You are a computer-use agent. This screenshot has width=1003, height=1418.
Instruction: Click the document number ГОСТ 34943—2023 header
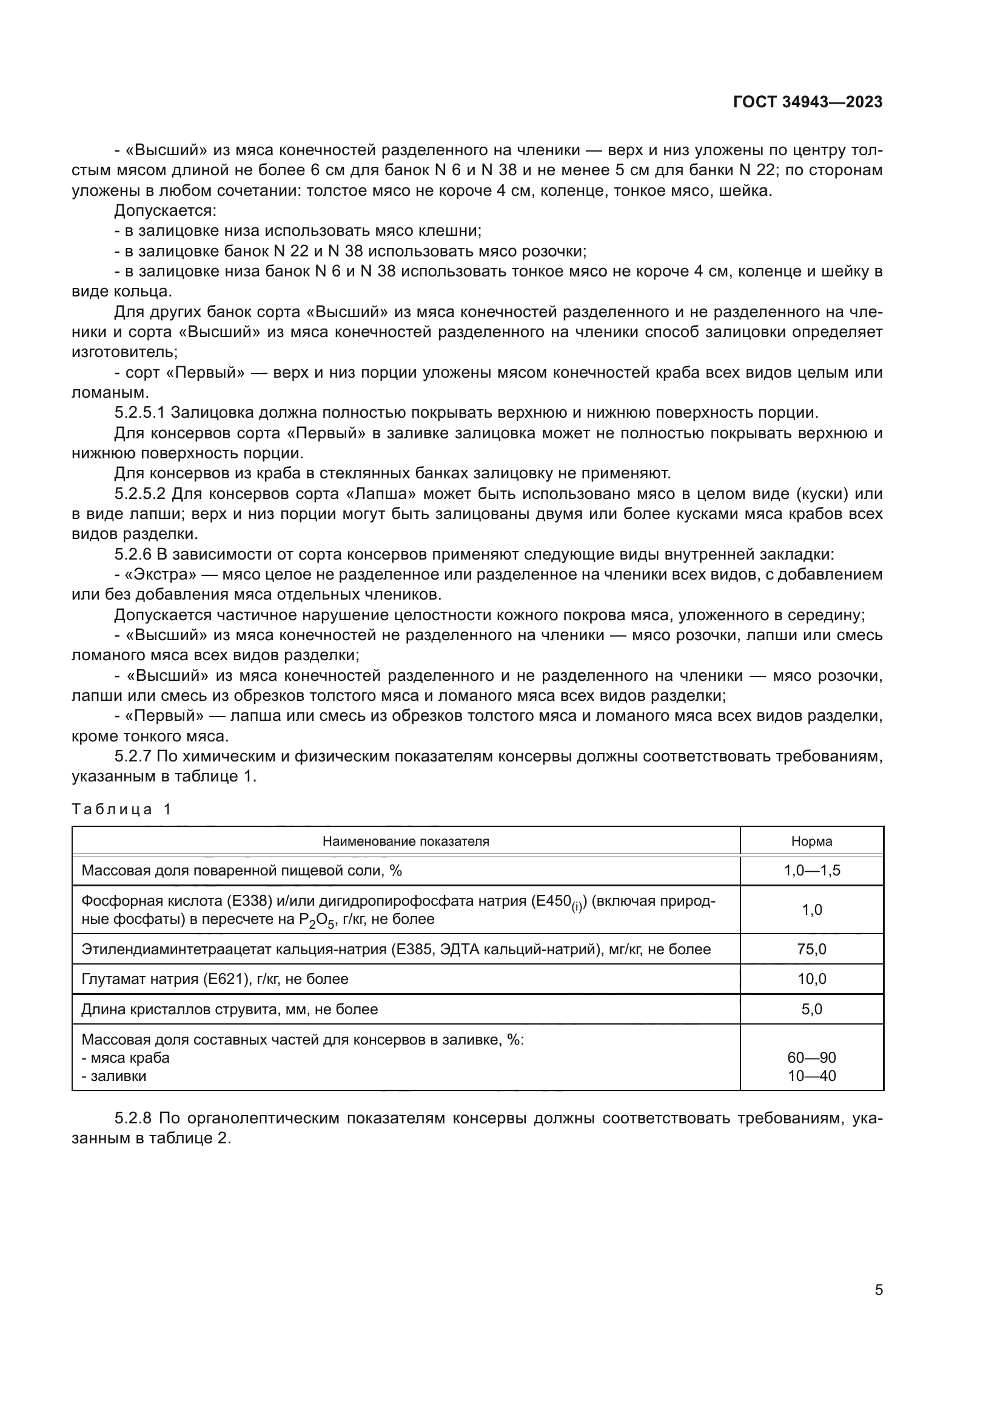(807, 102)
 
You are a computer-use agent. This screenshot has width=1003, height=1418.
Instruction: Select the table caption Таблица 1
(122, 809)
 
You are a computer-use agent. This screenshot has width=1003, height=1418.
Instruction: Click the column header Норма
(811, 841)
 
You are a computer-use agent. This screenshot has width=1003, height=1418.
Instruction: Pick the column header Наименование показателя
(406, 841)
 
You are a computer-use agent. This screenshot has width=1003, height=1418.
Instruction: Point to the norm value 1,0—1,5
(811, 871)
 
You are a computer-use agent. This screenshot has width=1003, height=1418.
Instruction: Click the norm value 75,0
(811, 949)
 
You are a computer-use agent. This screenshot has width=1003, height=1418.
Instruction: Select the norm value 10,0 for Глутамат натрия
(811, 979)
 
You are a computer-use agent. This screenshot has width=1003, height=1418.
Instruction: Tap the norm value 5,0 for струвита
(811, 1009)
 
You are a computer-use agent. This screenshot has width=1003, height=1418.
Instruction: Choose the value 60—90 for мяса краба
(811, 1058)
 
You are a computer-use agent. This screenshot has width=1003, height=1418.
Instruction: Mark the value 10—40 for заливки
(811, 1076)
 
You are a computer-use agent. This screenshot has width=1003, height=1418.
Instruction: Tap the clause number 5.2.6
(132, 554)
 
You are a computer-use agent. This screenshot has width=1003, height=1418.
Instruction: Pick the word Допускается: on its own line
(165, 210)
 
